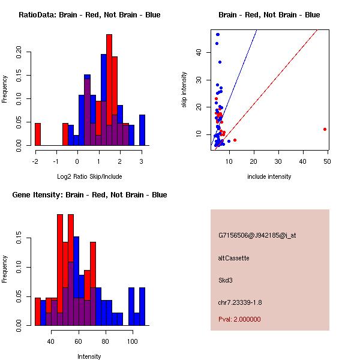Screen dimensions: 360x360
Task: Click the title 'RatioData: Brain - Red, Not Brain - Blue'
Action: pos(89,15)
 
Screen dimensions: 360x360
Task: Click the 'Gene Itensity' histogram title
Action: pos(89,195)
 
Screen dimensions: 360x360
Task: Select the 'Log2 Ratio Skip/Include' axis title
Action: pos(89,176)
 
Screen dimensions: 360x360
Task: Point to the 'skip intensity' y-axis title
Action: pos(184,90)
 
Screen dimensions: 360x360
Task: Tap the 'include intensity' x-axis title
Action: pos(269,176)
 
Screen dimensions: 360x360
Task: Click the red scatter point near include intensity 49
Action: pos(325,129)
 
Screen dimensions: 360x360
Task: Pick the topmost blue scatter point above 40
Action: pos(218,34)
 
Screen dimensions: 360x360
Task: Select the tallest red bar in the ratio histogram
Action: pos(109,90)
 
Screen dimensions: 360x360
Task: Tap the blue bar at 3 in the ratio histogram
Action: pos(142,130)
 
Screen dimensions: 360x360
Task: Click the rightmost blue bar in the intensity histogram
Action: pos(142,306)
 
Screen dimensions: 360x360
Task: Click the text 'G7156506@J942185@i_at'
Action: pos(257,235)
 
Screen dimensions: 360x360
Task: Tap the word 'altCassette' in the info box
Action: pos(233,258)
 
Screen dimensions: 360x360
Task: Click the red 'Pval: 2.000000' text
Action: pos(239,319)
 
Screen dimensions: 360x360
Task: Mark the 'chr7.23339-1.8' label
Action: pos(240,302)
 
